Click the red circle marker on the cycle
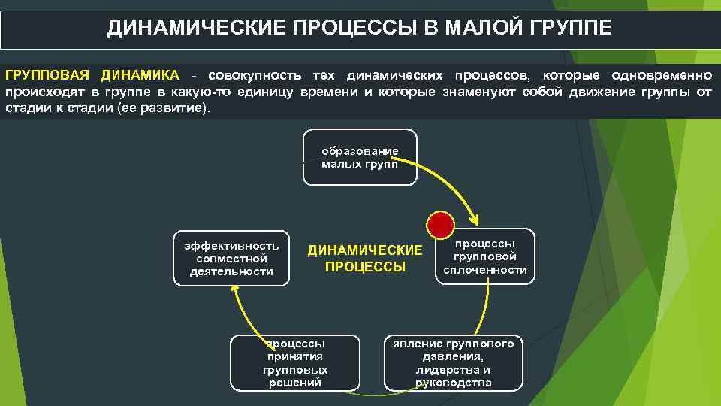[440, 223]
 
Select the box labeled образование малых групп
[360, 157]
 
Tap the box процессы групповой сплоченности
[485, 256]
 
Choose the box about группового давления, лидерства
[453, 362]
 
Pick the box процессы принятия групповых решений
[295, 362]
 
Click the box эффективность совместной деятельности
[231, 258]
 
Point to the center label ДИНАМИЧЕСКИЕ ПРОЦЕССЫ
[365, 258]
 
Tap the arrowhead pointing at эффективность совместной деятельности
[237, 292]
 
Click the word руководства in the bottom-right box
[453, 383]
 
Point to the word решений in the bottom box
[295, 383]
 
